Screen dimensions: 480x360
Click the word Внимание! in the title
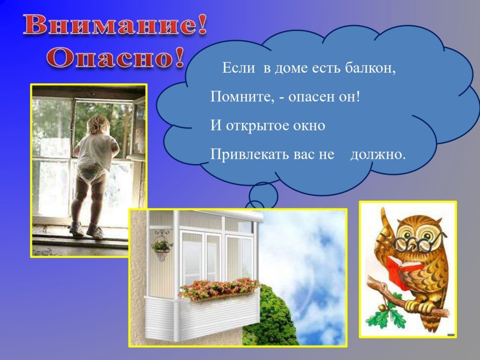[115, 25]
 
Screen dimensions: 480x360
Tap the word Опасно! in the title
[116, 58]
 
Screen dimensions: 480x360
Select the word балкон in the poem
[370, 67]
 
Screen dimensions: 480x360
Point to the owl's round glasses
[420, 241]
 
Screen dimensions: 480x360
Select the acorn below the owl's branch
[382, 307]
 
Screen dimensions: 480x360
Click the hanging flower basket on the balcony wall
[161, 247]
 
